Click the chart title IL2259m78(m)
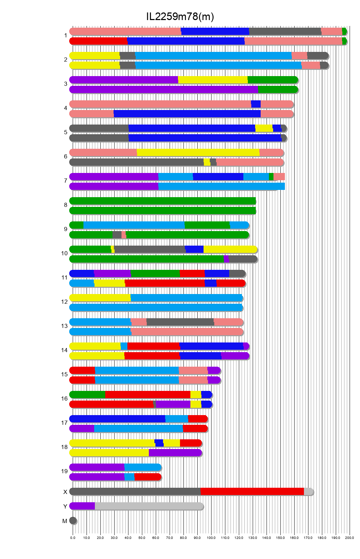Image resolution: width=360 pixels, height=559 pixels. coord(180,16)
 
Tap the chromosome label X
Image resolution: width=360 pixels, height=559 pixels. coord(65,492)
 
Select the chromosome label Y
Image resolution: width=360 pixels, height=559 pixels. coord(65,506)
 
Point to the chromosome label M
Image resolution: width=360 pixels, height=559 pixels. coord(65,521)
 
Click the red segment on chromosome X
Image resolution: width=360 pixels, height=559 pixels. coord(252,492)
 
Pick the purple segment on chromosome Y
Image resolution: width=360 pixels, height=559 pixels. coord(82,506)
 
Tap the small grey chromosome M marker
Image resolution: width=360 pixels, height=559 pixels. coord(73,521)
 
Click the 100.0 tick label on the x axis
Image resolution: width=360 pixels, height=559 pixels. coord(211,538)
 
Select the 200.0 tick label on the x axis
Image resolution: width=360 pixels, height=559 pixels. coord(349,538)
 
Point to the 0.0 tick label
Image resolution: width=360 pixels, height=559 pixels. coord(73,538)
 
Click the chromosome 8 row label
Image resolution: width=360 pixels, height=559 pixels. coord(65,205)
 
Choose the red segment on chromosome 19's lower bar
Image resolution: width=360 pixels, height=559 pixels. coord(147,477)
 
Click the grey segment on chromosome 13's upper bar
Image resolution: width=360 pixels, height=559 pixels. coord(180,322)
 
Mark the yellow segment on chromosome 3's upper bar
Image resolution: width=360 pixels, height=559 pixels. coord(213,80)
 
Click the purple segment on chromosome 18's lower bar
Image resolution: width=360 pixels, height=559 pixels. coord(175,453)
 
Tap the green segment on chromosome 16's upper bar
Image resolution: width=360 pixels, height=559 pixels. coord(87,395)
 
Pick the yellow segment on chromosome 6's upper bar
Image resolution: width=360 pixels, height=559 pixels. coord(198,153)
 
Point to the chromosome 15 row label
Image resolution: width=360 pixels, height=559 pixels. coord(64,374)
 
